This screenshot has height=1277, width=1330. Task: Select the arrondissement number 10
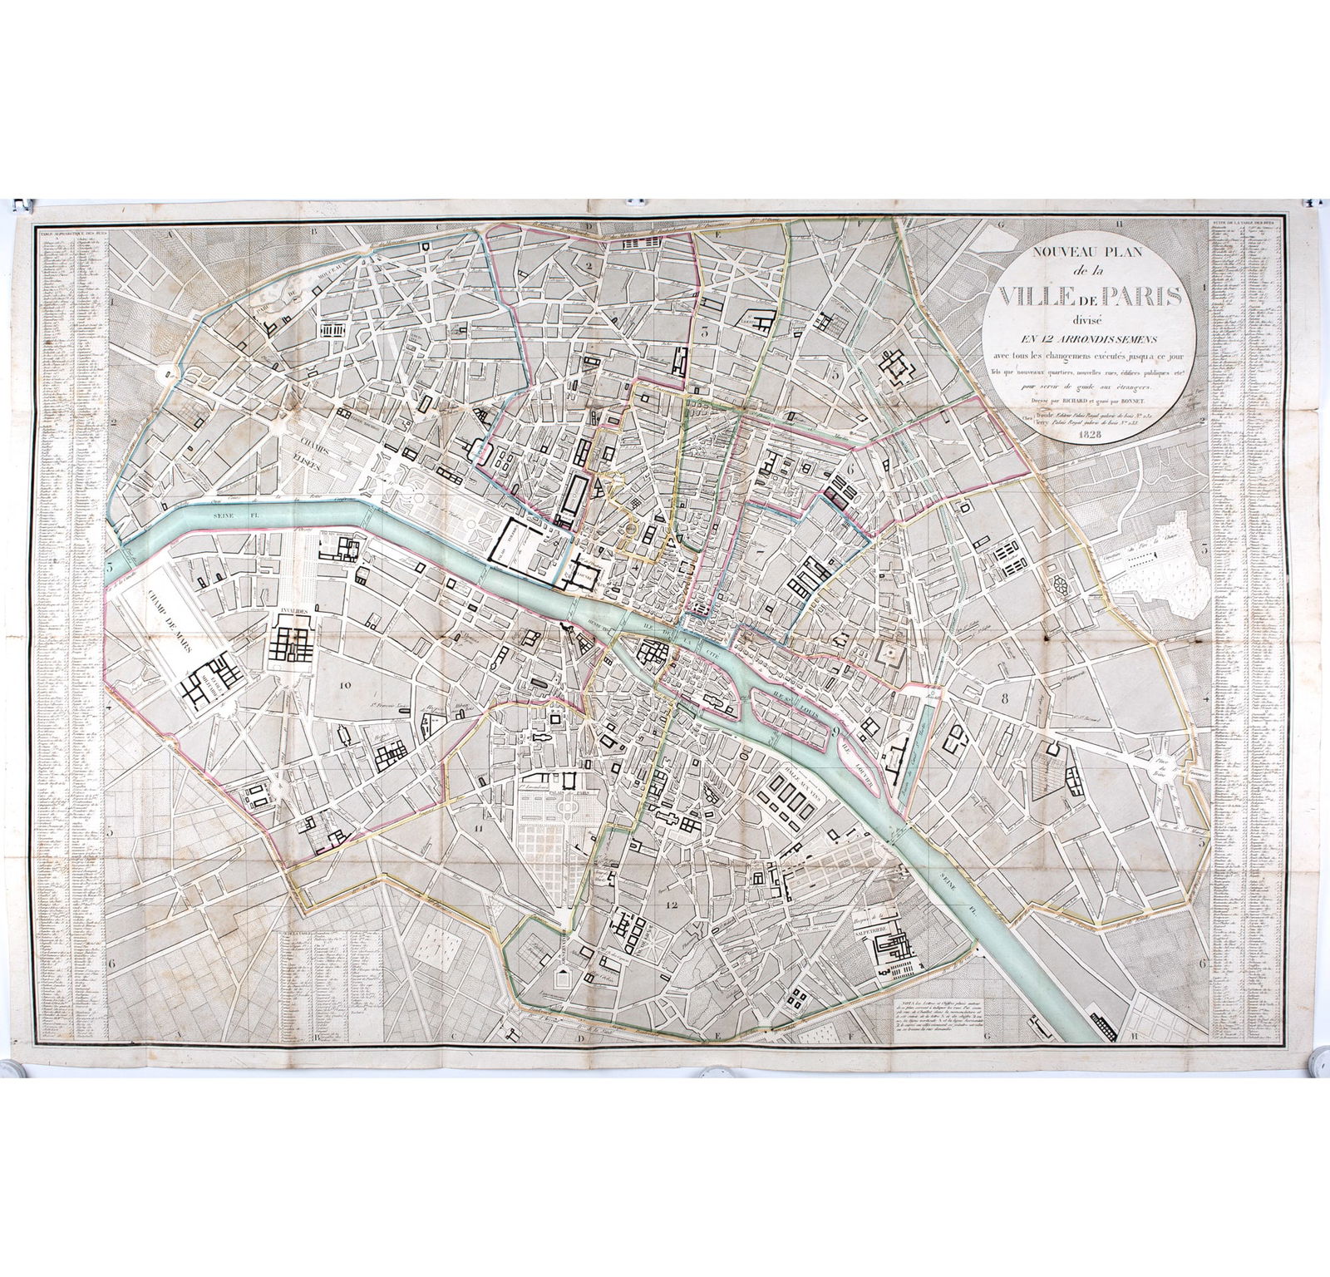coord(347,683)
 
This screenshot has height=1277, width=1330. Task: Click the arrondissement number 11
coord(475,828)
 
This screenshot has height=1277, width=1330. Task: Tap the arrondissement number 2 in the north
coord(588,267)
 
